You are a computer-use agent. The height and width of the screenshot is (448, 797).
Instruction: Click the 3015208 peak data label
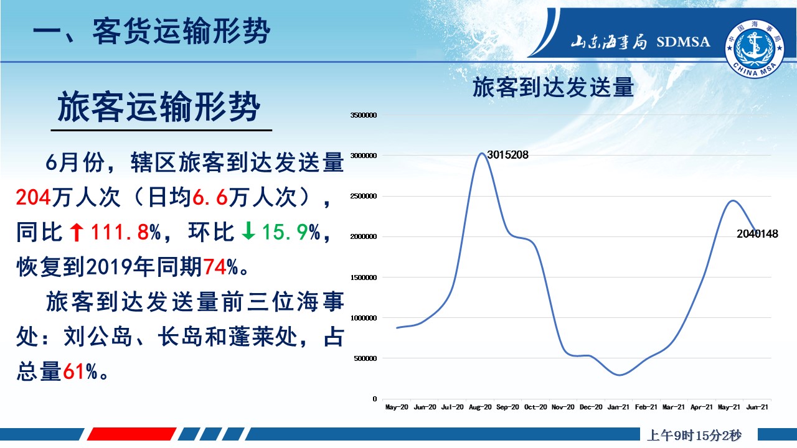(507, 155)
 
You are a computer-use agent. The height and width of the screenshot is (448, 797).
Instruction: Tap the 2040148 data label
(757, 234)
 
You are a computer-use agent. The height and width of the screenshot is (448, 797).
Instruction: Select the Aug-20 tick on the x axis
(480, 407)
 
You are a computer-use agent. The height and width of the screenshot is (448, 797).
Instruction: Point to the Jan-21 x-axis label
(618, 407)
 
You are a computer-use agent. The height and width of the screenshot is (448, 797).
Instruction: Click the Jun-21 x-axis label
(757, 407)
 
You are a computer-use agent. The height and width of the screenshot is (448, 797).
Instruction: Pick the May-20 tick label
(397, 407)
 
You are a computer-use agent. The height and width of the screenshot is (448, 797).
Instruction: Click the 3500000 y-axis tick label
(363, 115)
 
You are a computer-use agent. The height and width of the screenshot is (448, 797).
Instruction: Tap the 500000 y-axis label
(365, 358)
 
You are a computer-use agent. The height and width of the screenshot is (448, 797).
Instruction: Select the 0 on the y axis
(374, 399)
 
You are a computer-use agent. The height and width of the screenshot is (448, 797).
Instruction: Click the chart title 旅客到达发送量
(554, 88)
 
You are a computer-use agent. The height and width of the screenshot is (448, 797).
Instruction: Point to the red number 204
(34, 197)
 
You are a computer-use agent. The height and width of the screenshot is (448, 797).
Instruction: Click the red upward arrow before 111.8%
(77, 232)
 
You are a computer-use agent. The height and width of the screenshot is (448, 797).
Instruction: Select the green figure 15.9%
(291, 232)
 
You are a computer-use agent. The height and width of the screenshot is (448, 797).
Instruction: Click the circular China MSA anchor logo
(755, 49)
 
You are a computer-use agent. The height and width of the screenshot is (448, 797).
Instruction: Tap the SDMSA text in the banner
(683, 42)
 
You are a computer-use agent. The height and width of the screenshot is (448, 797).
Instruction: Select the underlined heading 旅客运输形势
(159, 106)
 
